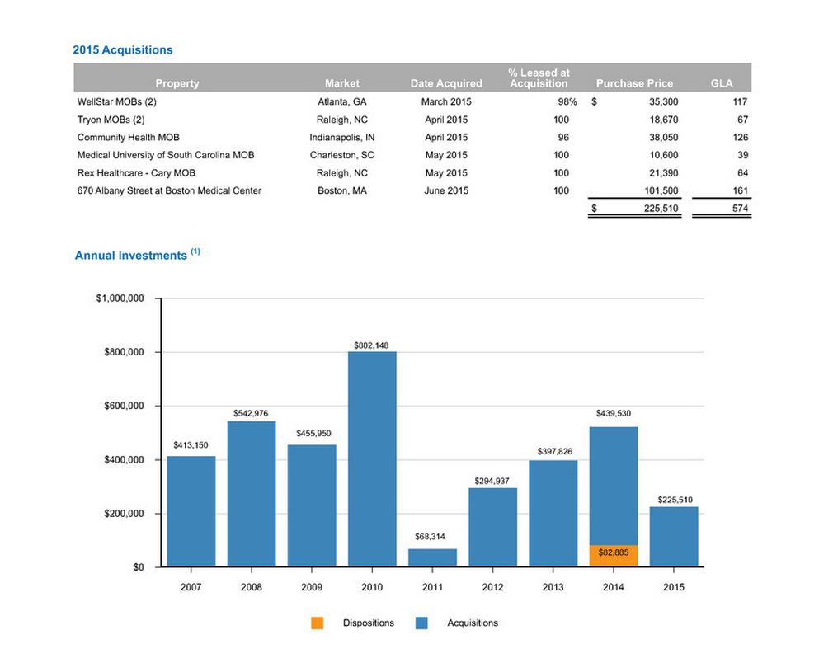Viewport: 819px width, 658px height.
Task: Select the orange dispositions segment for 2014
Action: (614, 555)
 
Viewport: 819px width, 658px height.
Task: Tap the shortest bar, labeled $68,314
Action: (432, 557)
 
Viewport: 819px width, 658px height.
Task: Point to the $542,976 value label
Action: (251, 412)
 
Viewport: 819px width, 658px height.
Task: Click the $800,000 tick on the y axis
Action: (121, 352)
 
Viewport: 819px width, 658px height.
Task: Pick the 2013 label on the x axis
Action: (553, 587)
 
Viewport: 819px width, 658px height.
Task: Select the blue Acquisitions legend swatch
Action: (422, 623)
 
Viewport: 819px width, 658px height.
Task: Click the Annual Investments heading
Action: (131, 256)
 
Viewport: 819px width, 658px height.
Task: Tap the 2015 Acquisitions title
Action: (122, 50)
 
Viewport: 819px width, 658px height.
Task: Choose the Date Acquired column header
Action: (446, 83)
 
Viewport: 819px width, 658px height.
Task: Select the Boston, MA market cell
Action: (342, 191)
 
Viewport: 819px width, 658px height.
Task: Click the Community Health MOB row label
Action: (128, 138)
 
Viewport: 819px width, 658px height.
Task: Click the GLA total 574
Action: (740, 209)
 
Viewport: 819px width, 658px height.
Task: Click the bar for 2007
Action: (191, 511)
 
